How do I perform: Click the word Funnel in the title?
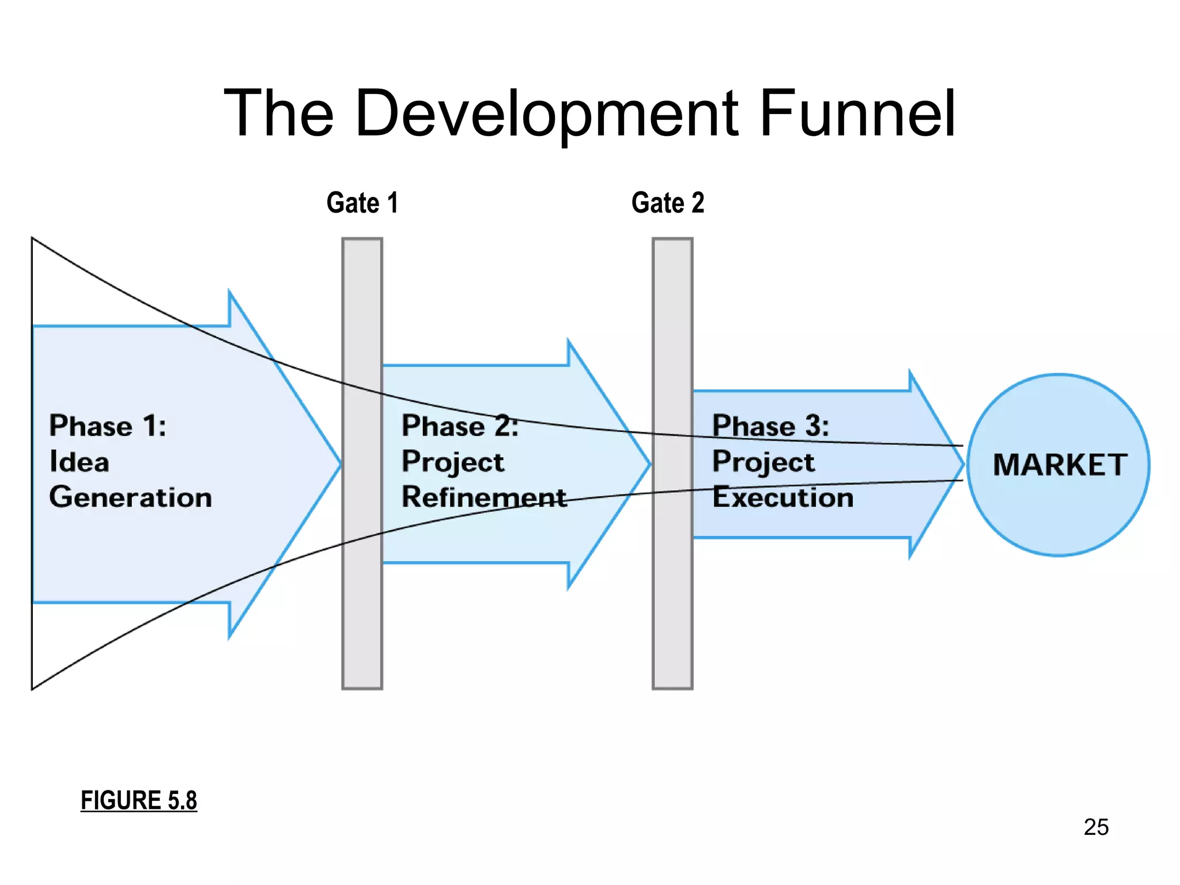click(x=857, y=114)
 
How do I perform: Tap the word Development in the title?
click(x=546, y=114)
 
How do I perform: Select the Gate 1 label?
click(x=362, y=203)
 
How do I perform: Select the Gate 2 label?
click(x=668, y=203)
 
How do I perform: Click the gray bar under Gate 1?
click(x=362, y=605)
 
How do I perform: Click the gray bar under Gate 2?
click(x=672, y=605)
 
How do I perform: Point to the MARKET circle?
click(x=1058, y=519)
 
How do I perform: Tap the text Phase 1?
click(x=108, y=426)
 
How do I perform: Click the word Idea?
click(x=79, y=462)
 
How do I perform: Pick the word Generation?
click(x=130, y=497)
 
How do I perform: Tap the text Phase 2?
click(x=460, y=426)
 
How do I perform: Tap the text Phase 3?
click(x=770, y=426)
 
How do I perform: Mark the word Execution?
click(x=783, y=497)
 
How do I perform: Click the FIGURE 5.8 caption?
click(x=139, y=800)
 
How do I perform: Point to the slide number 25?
click(x=1096, y=827)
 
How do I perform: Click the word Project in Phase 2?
click(x=453, y=462)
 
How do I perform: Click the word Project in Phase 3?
click(x=763, y=462)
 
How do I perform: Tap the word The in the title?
click(x=279, y=114)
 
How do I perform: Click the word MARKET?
click(x=1060, y=465)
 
